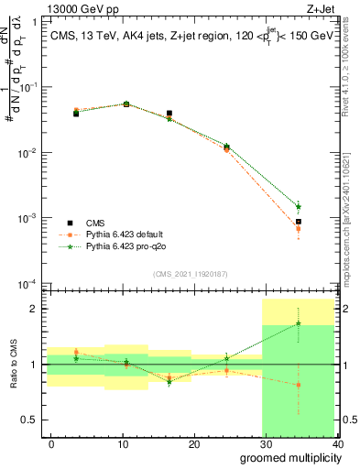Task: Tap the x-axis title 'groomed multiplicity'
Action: click(288, 456)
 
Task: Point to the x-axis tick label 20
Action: click(193, 443)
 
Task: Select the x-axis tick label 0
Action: click(51, 443)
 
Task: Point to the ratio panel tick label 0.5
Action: click(29, 420)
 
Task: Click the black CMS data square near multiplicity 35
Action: click(299, 222)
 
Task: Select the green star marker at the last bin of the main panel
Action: click(299, 206)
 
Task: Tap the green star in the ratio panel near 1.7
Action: click(299, 323)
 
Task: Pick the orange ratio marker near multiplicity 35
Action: click(299, 385)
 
